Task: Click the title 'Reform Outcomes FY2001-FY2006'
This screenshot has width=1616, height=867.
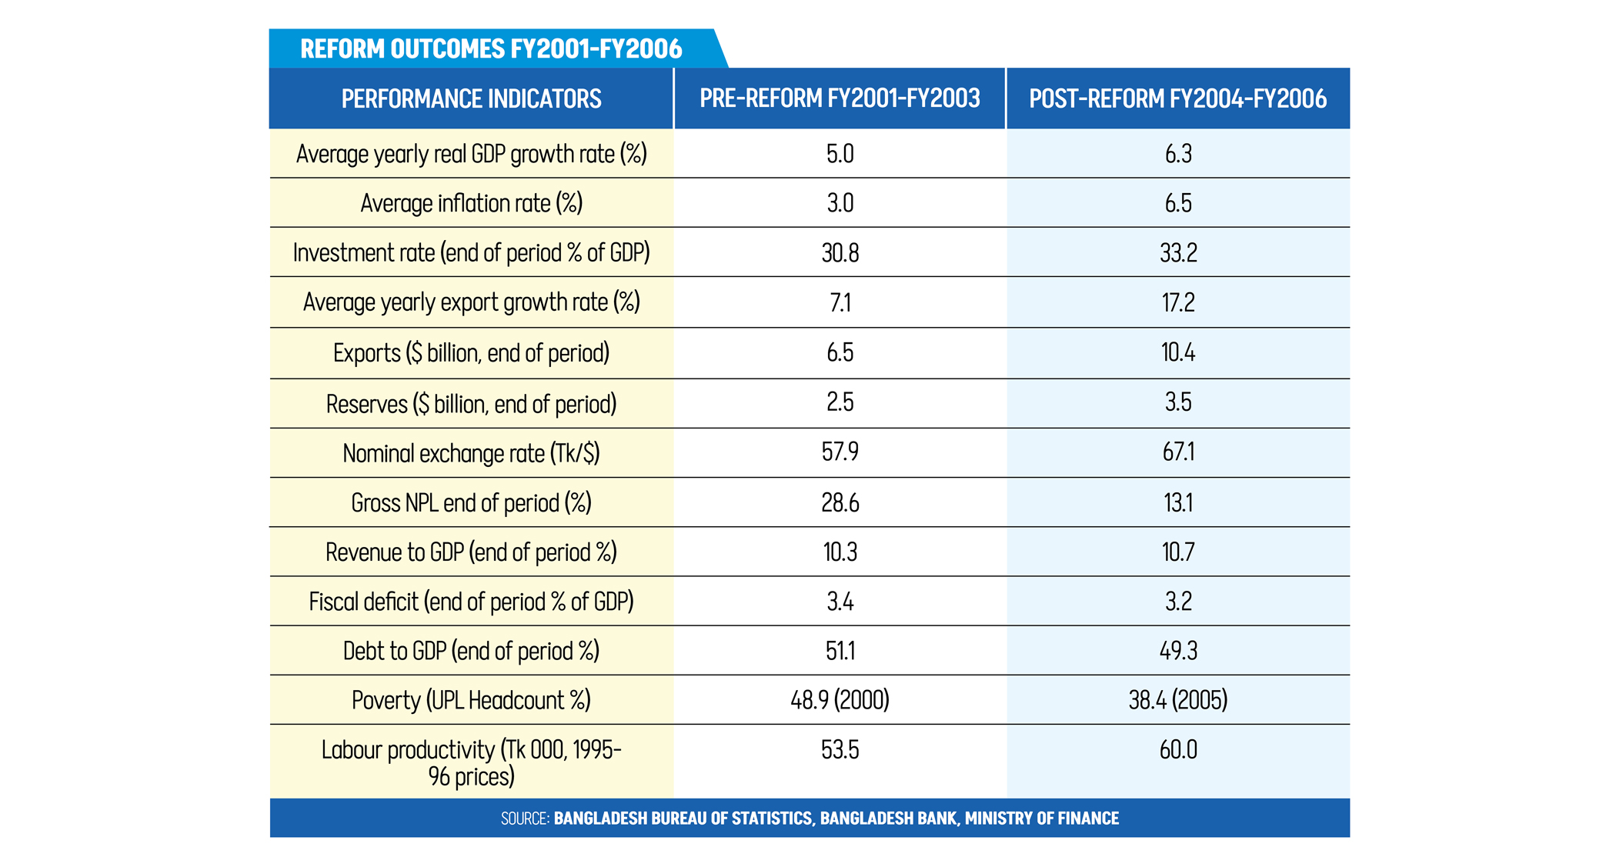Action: click(491, 49)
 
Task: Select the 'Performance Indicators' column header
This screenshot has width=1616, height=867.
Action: click(471, 99)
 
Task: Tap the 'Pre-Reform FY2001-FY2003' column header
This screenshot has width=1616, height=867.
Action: click(840, 99)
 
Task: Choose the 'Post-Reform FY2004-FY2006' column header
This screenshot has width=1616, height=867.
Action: click(1177, 99)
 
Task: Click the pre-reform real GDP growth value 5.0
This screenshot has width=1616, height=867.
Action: click(840, 154)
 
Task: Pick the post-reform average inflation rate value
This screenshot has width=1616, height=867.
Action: click(1177, 203)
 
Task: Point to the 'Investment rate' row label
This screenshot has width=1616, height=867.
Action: click(471, 253)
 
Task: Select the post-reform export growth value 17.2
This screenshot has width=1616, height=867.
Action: click(1177, 302)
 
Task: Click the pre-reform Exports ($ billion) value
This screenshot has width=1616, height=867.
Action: click(840, 352)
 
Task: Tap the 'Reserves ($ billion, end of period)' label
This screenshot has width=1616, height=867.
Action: click(471, 404)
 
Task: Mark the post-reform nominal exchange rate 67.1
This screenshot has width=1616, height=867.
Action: click(1177, 452)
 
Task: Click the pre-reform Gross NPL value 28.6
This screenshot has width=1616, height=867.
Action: click(840, 503)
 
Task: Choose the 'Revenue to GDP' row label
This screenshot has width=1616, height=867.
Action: click(471, 552)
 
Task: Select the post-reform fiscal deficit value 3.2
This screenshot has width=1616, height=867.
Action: click(1177, 602)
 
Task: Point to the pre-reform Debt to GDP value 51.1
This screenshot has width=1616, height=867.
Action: click(840, 651)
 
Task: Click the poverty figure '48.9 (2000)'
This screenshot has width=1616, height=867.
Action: click(840, 700)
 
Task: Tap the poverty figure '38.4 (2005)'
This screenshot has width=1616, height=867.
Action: click(1177, 700)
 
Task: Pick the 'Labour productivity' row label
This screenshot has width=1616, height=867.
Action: click(471, 762)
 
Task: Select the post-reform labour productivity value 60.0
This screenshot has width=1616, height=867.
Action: click(1177, 750)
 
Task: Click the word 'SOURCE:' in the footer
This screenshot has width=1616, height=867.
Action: click(525, 819)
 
